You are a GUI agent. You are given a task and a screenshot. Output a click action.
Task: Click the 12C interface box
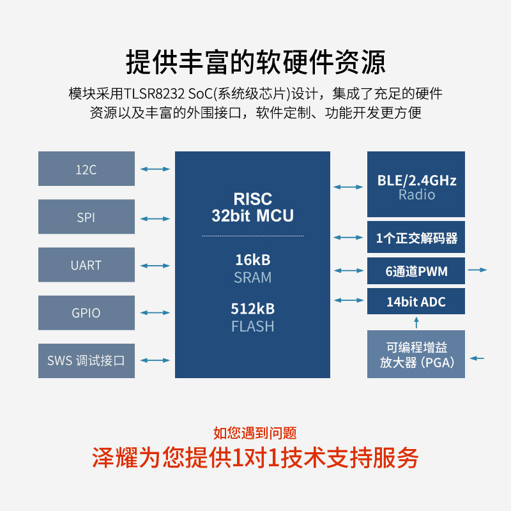click(x=86, y=169)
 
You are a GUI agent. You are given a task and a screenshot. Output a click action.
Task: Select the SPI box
click(x=86, y=217)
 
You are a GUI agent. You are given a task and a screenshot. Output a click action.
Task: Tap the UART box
click(x=86, y=264)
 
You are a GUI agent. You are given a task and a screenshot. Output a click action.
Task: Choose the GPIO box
click(x=86, y=312)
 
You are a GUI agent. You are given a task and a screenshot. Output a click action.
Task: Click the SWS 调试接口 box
click(x=86, y=360)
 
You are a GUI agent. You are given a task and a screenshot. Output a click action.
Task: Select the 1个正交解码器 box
click(x=416, y=238)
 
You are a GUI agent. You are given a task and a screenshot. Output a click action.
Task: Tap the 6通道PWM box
click(x=416, y=271)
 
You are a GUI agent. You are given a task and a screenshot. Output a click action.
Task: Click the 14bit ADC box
click(x=416, y=301)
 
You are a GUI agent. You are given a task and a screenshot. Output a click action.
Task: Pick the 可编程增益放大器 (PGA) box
click(x=416, y=355)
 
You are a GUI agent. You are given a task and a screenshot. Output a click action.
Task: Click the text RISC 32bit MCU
click(x=252, y=207)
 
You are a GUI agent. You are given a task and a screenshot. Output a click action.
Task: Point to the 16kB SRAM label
click(x=252, y=269)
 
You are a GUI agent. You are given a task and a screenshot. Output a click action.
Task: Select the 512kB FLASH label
click(x=252, y=317)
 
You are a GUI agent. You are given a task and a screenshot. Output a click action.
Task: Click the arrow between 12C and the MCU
click(x=155, y=169)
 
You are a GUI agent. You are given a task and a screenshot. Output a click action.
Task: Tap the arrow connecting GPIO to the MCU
click(x=155, y=312)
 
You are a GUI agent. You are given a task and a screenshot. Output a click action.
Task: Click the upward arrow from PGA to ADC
click(x=416, y=321)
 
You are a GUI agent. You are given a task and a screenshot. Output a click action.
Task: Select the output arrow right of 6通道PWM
click(x=477, y=270)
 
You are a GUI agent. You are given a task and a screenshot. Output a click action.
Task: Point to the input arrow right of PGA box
click(x=477, y=358)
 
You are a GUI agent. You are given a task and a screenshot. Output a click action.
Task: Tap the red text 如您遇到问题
click(x=255, y=434)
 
